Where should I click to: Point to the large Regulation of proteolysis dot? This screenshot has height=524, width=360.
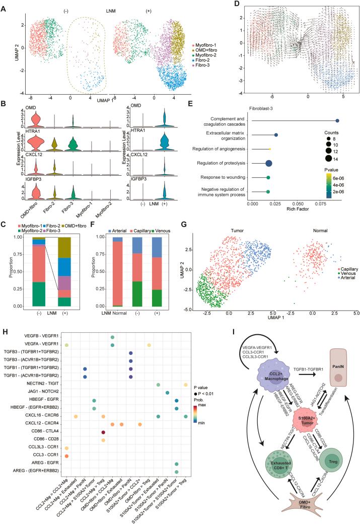(x=268, y=163)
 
